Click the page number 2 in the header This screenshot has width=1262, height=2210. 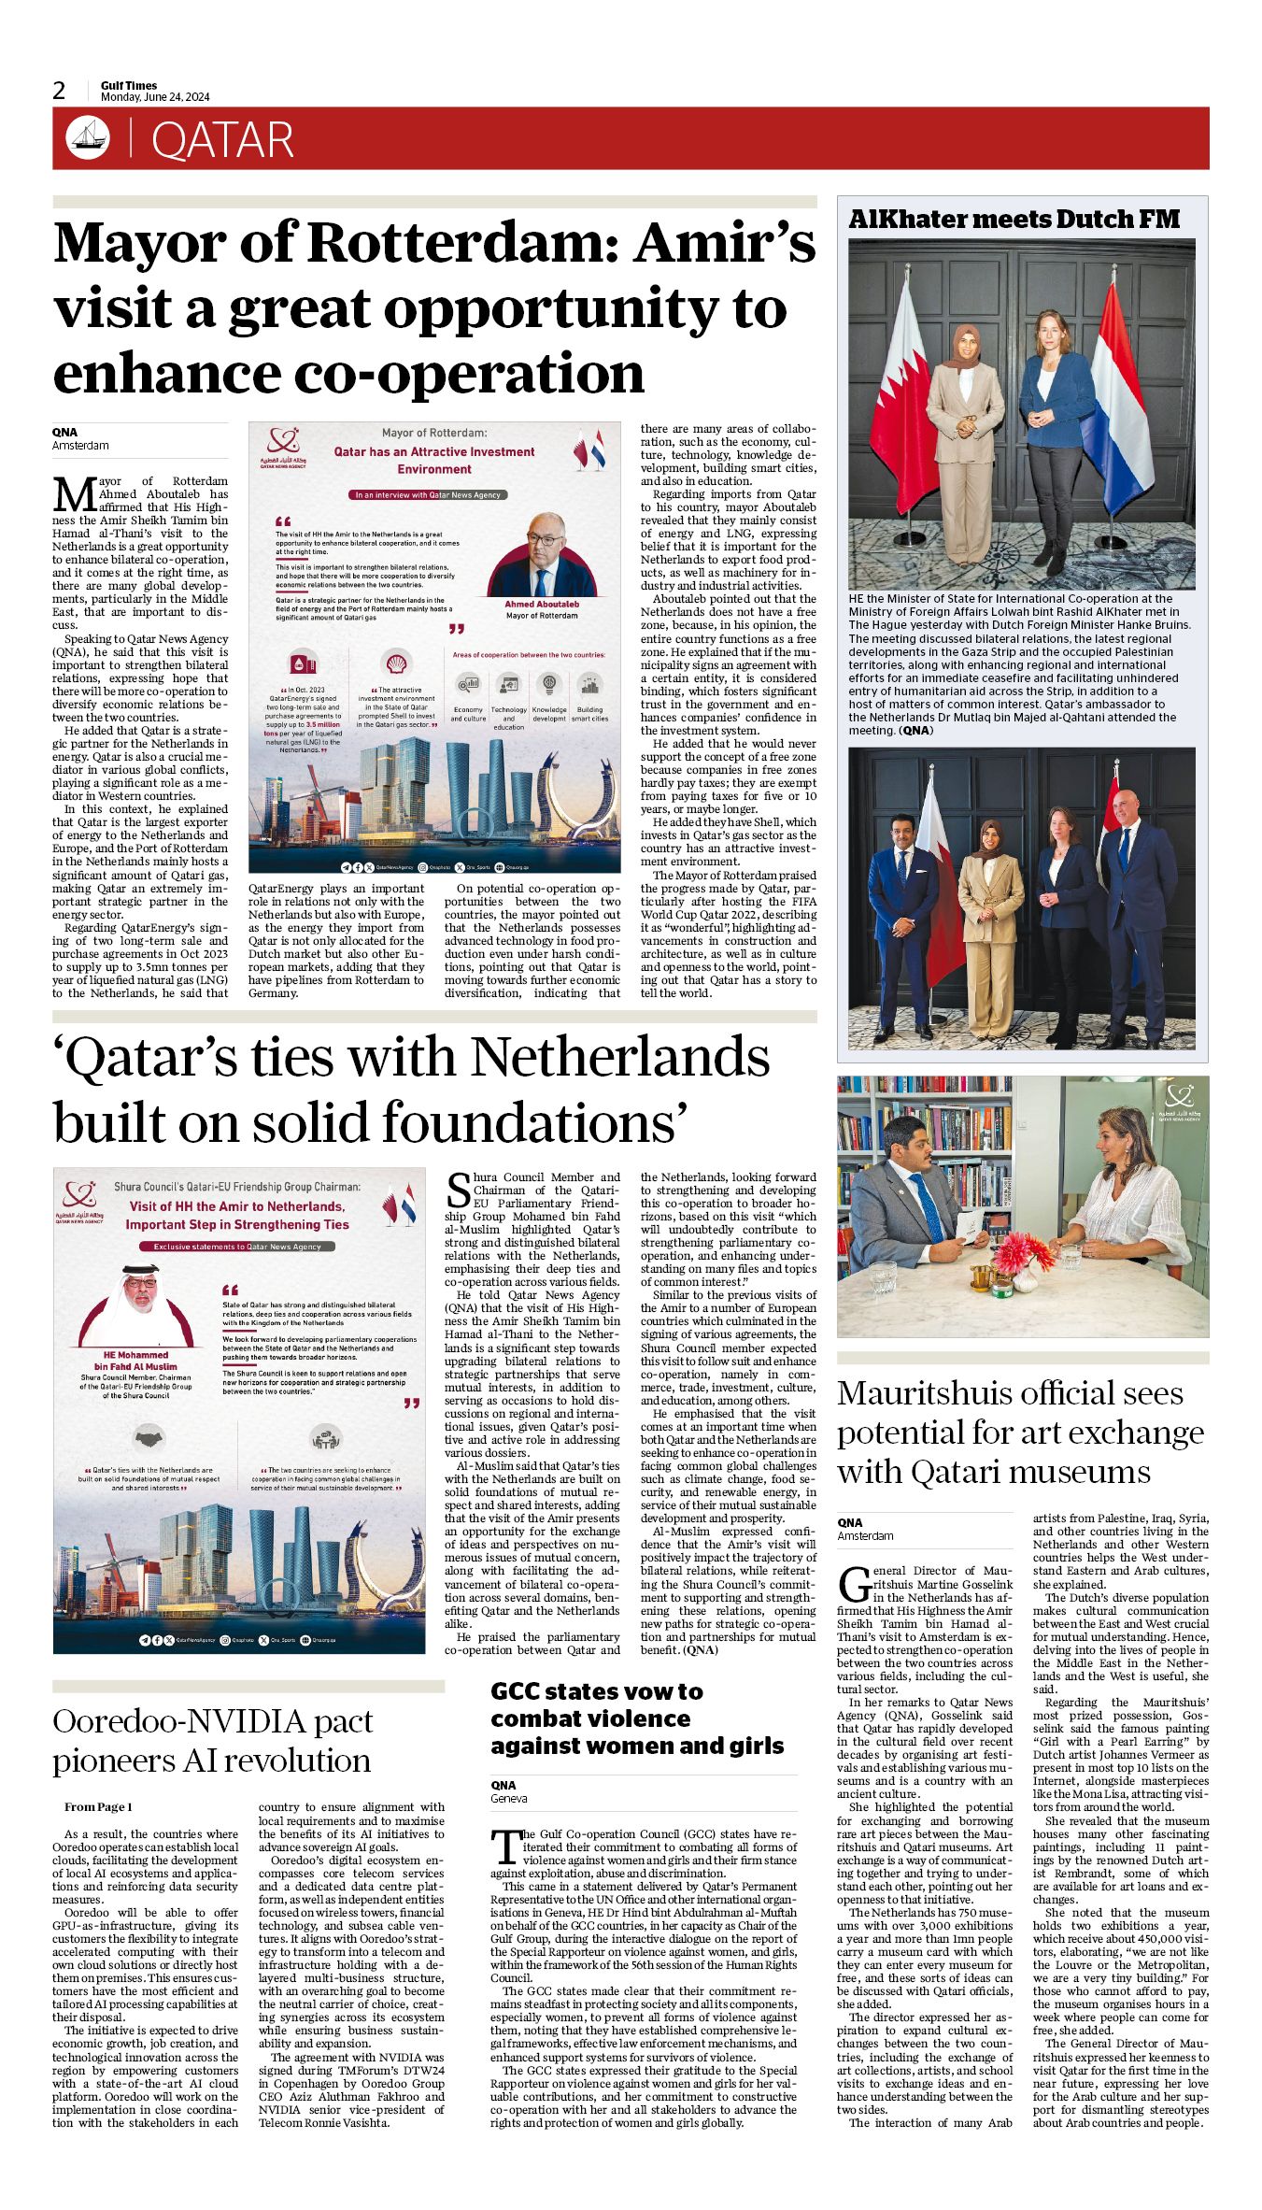point(60,91)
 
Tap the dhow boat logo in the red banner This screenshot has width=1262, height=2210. point(88,138)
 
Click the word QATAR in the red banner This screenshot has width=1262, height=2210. point(222,140)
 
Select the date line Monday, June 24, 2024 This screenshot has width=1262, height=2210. point(155,97)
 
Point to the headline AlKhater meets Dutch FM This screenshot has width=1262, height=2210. point(1014,219)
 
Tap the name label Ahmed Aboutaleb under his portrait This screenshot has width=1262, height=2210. point(542,604)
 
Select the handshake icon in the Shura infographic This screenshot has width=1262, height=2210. point(149,1436)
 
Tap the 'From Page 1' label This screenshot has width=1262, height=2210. point(98,1807)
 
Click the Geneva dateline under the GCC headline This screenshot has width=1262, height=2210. point(509,1798)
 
